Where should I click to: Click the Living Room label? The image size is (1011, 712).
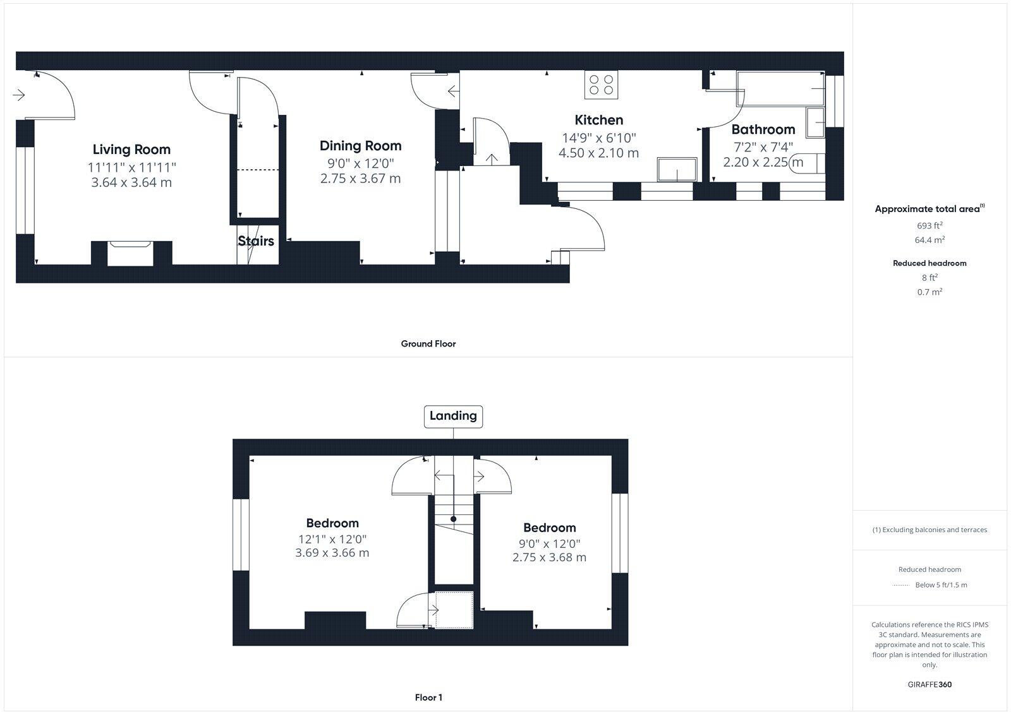click(131, 150)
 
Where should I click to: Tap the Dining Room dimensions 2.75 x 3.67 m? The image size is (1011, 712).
click(360, 179)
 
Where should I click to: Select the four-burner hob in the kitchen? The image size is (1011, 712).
click(601, 85)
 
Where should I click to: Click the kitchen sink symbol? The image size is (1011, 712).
click(677, 169)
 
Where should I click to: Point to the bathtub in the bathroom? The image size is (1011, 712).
click(781, 88)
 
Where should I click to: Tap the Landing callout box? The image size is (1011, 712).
click(453, 416)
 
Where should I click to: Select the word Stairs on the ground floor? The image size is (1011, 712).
click(256, 241)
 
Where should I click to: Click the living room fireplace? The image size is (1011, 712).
click(131, 252)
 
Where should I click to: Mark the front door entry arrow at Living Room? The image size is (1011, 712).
click(18, 95)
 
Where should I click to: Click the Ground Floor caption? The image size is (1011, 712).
click(428, 344)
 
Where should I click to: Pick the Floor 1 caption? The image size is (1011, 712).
click(428, 697)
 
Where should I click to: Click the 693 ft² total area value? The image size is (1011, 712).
click(929, 226)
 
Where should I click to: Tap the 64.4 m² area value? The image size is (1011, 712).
click(929, 240)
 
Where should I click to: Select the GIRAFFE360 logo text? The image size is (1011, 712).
click(929, 684)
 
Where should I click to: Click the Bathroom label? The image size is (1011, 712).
click(763, 129)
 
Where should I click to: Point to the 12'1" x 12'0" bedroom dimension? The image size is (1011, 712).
click(332, 540)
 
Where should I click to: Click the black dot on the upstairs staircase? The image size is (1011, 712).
click(453, 519)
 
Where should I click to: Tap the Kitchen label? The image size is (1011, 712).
click(598, 120)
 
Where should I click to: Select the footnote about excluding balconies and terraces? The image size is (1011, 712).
click(929, 530)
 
